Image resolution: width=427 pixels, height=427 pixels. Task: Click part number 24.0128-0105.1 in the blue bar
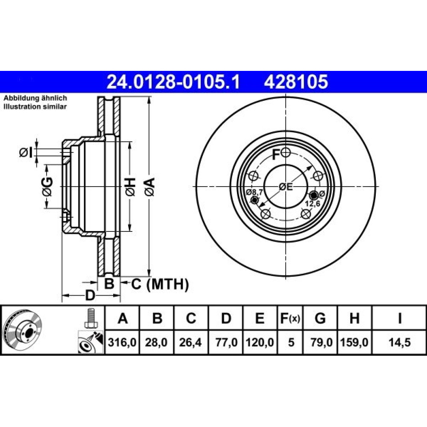click(x=173, y=82)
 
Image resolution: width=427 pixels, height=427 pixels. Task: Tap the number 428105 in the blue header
click(x=296, y=82)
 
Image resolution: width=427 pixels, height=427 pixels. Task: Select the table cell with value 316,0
click(x=122, y=342)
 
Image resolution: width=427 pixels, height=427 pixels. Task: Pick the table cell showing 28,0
click(x=156, y=342)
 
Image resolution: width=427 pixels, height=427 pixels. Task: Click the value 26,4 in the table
click(x=190, y=342)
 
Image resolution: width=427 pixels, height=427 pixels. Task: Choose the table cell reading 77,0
click(x=225, y=342)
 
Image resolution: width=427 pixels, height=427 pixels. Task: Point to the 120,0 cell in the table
click(x=260, y=342)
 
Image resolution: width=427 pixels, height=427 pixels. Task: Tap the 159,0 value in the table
click(x=354, y=342)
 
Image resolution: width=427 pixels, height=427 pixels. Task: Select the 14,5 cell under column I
click(x=399, y=342)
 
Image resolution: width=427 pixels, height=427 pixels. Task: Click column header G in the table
click(x=320, y=318)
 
